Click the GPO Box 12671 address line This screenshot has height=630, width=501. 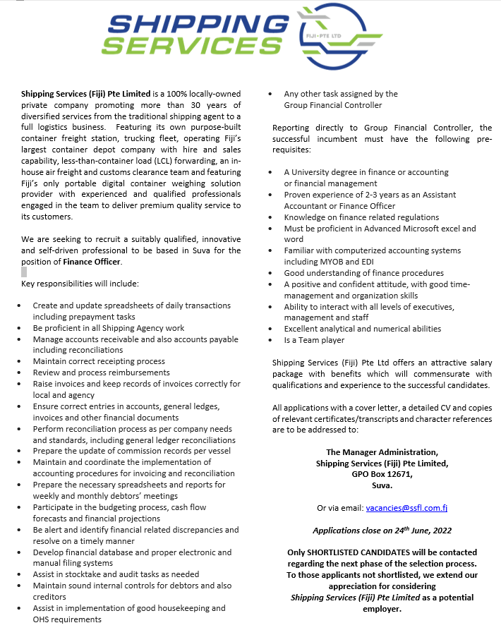[x=382, y=474]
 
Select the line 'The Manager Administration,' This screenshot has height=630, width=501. [x=382, y=452]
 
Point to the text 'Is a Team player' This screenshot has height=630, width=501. [x=315, y=340]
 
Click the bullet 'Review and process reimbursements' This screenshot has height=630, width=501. [x=101, y=372]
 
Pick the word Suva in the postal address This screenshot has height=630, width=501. [x=382, y=485]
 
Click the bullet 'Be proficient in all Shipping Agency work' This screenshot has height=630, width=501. [x=109, y=328]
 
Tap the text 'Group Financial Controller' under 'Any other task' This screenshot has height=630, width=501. [x=332, y=105]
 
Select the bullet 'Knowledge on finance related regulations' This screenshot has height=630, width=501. [x=361, y=217]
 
